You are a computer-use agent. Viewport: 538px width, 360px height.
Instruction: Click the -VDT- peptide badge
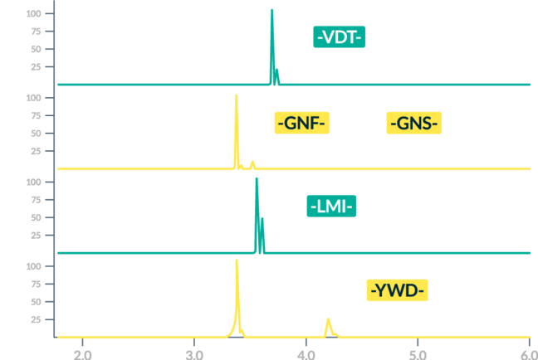tap(339, 37)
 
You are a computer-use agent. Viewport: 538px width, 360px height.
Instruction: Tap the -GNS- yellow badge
tap(414, 124)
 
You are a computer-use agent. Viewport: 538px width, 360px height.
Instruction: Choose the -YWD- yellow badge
tap(398, 291)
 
